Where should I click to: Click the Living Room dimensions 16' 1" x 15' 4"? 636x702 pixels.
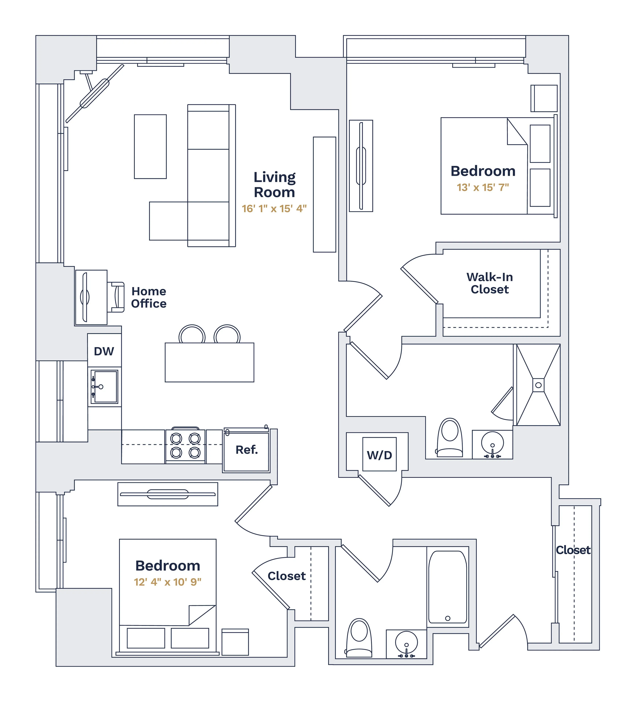click(274, 209)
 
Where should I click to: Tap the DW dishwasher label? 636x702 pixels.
click(104, 351)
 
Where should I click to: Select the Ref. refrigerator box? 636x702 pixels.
click(247, 450)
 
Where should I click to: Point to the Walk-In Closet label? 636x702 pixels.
click(490, 283)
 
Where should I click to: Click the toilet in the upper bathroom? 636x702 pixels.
click(450, 438)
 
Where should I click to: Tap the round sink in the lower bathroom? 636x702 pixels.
click(406, 643)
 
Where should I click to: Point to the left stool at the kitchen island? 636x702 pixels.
click(192, 335)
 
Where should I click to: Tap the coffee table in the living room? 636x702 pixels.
click(150, 147)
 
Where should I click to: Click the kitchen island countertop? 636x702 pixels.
click(209, 363)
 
